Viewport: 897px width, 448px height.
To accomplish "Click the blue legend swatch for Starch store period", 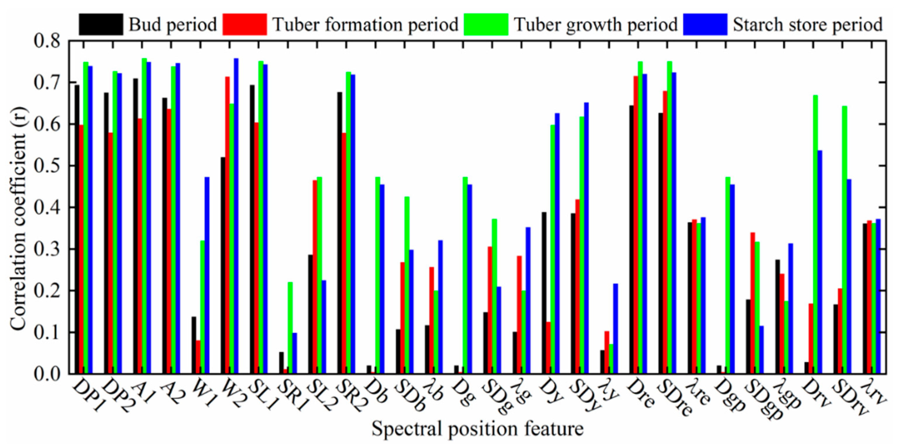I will pyautogui.click(x=705, y=24).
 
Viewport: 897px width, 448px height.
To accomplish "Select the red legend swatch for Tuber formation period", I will pyautogui.click(x=245, y=24).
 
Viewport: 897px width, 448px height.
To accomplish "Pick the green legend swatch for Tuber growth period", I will pyautogui.click(x=486, y=24).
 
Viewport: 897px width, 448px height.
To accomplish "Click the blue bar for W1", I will pyautogui.click(x=207, y=275).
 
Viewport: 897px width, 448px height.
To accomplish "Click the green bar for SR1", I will pyautogui.click(x=290, y=328).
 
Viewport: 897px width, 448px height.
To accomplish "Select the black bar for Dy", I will pyautogui.click(x=544, y=293).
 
